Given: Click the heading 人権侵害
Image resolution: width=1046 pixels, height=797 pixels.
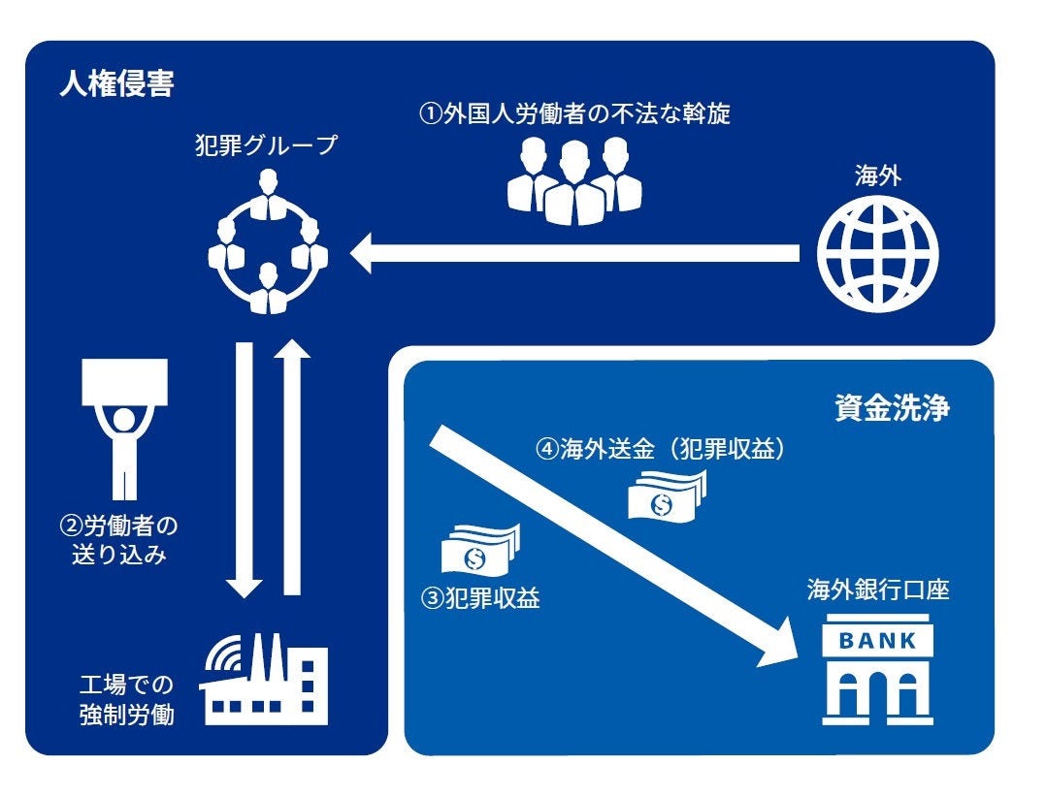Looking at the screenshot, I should click(116, 85).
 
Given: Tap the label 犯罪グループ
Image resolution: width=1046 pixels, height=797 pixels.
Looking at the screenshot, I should click(265, 146).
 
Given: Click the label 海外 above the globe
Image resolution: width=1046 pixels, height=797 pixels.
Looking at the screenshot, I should click(877, 176).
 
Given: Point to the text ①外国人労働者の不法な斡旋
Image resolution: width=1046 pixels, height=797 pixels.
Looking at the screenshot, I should click(574, 114).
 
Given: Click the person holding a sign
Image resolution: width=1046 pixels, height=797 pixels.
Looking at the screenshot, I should click(125, 427).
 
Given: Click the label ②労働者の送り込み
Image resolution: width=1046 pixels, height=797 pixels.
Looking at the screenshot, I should click(119, 543).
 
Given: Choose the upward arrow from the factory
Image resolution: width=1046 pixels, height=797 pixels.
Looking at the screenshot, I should click(292, 465).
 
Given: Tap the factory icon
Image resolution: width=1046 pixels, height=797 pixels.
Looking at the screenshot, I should click(264, 678).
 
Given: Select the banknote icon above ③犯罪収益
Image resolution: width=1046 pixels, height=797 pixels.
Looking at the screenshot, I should click(479, 549).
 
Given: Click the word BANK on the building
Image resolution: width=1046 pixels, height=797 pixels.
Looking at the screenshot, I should click(876, 640).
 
